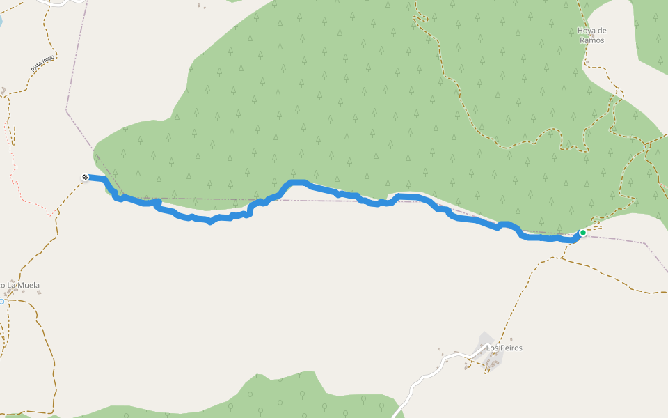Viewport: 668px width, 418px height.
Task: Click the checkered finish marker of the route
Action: click(x=85, y=178)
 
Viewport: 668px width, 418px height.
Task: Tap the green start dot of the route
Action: click(x=582, y=233)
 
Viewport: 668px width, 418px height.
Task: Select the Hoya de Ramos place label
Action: click(x=592, y=36)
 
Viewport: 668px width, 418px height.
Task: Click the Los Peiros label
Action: click(x=504, y=348)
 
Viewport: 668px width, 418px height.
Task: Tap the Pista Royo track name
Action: click(x=42, y=63)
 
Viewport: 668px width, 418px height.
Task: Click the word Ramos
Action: click(x=592, y=40)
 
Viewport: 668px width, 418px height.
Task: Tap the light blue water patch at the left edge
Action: click(x=1, y=21)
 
